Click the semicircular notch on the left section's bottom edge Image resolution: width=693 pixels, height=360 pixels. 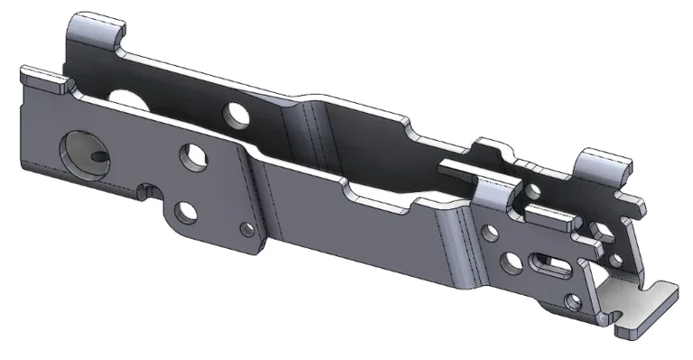(147, 189)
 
